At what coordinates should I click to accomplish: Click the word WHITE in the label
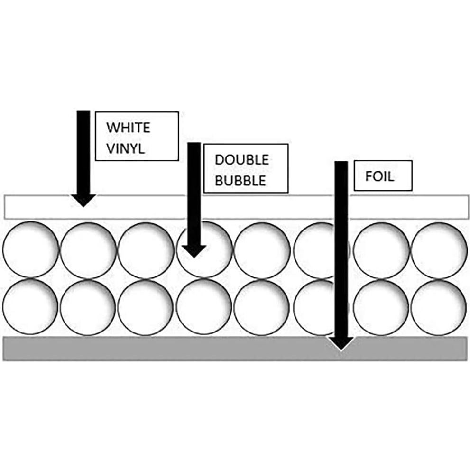(129, 128)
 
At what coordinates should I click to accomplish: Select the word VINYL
(126, 148)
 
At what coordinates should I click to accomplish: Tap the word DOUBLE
(242, 160)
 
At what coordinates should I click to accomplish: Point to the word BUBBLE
(240, 180)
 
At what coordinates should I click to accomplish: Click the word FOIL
(379, 176)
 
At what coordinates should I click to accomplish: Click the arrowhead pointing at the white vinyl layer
(83, 200)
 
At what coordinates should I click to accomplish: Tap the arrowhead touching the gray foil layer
(341, 343)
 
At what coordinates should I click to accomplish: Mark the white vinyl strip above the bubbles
(236, 207)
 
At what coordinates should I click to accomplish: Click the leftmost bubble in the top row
(30, 249)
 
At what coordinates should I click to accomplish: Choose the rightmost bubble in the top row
(439, 249)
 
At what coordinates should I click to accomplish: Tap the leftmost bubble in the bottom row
(30, 307)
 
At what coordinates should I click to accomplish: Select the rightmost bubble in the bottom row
(439, 307)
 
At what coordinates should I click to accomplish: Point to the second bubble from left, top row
(88, 249)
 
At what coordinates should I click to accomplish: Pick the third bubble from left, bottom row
(146, 307)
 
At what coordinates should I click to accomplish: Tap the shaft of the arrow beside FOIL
(341, 249)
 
